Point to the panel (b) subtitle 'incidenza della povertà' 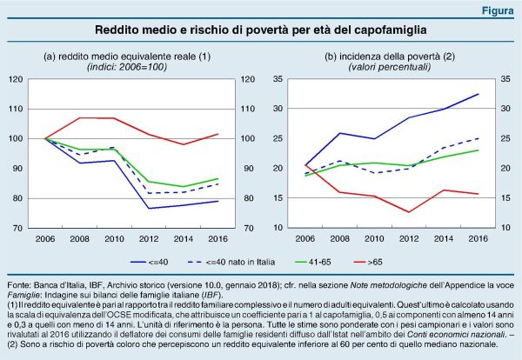[383, 57]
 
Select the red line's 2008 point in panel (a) [80, 117]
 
